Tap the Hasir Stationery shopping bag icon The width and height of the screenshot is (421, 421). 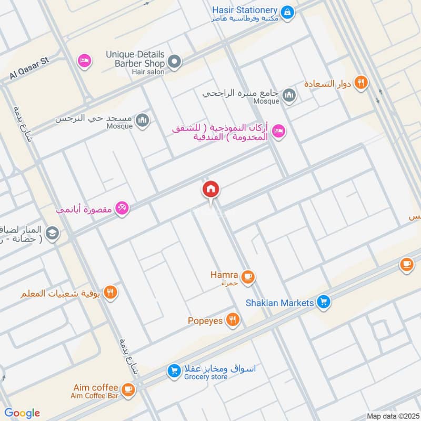[287, 11]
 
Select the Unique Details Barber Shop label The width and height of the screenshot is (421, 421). [135, 59]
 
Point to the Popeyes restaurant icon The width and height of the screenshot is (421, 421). [232, 319]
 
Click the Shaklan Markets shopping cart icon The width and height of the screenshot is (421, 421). [324, 302]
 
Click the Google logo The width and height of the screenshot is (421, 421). [23, 413]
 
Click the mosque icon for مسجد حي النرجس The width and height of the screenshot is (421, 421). [142, 121]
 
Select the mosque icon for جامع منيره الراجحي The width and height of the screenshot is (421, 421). [288, 95]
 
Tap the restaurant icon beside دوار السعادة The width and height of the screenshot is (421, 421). [360, 82]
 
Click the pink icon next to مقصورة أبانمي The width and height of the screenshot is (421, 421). [122, 208]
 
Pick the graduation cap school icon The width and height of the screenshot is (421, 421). [52, 233]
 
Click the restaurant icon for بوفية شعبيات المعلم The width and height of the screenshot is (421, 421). [110, 293]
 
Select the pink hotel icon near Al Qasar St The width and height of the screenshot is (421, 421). [84, 61]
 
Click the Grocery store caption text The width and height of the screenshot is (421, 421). [209, 377]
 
